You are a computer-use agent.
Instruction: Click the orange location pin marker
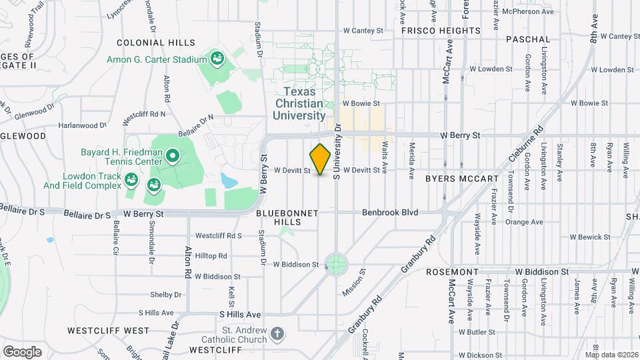(321, 159)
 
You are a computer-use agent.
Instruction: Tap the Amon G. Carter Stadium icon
(217, 59)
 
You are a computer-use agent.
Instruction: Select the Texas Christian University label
(298, 103)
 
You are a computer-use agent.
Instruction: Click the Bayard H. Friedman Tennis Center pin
(173, 157)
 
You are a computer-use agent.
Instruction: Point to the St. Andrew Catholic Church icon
(277, 333)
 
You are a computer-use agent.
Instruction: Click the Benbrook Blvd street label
(390, 213)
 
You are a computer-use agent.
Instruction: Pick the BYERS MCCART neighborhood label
(461, 179)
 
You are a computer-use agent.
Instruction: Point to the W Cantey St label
(363, 31)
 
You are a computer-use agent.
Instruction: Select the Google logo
(22, 351)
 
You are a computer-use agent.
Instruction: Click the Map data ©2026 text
(611, 354)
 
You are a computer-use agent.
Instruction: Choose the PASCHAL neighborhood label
(528, 40)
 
